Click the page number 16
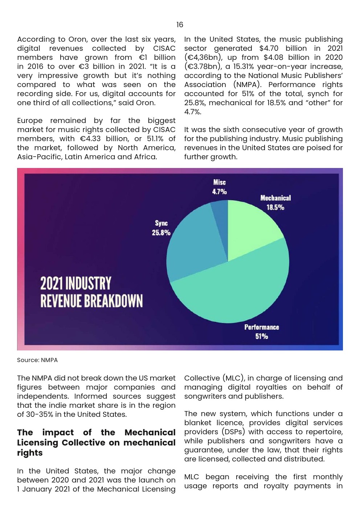pos(180,25)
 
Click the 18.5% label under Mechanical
pos(275,208)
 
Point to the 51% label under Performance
pos(261,336)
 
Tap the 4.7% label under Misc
pos(219,192)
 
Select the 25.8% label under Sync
pos(161,233)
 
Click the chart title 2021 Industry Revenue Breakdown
pos(91,292)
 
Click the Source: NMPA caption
pos(37,360)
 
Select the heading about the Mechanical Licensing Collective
pos(96,443)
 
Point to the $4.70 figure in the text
pos(269,48)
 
